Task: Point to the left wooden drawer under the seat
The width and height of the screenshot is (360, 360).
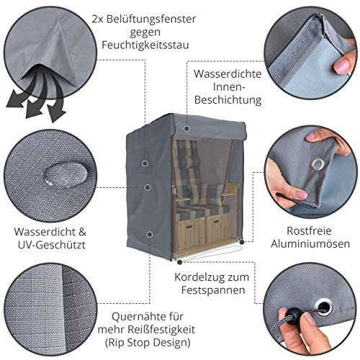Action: [192, 231]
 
